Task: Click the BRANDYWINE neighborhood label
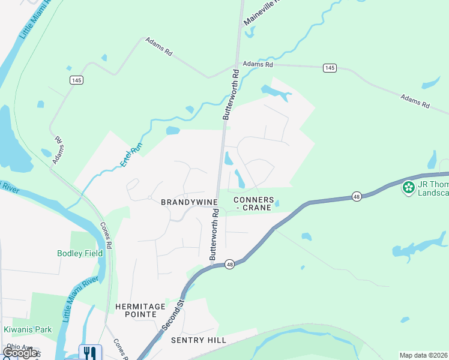(x=184, y=203)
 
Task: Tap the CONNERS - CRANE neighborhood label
(x=253, y=203)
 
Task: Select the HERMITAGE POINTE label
(x=140, y=310)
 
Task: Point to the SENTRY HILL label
(x=199, y=340)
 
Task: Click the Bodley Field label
(x=80, y=253)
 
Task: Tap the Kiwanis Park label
(x=28, y=329)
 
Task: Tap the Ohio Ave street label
(x=19, y=346)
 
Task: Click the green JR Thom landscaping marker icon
(x=409, y=188)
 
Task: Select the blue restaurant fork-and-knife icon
(x=90, y=352)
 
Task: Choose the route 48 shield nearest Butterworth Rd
(x=229, y=264)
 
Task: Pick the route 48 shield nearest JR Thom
(x=357, y=196)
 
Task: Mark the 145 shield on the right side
(x=329, y=68)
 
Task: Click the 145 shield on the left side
(x=76, y=80)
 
